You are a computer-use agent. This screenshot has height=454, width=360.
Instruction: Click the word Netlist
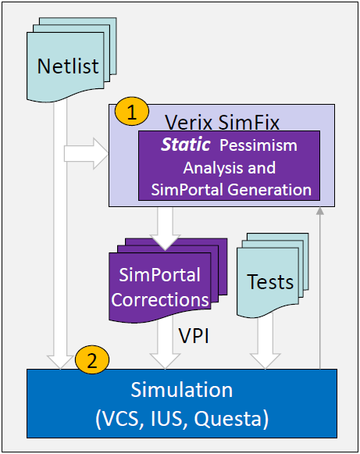68,66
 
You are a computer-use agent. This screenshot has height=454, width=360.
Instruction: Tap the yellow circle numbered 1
132,112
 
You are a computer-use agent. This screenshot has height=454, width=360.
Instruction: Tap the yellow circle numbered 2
92,360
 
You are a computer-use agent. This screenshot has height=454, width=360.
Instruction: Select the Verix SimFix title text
223,123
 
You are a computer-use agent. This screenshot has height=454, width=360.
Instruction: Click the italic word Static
186,145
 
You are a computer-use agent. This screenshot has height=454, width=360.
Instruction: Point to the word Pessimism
258,145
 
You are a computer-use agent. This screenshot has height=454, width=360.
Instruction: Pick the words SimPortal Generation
231,190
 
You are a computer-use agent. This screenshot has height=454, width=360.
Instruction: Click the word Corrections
160,300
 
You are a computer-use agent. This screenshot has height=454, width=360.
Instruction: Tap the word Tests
270,282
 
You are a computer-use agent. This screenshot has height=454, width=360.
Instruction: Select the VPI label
194,336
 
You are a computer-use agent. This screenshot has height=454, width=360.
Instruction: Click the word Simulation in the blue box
182,390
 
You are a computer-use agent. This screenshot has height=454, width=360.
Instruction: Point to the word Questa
228,419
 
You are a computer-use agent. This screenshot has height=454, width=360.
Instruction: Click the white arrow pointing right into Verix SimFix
86,153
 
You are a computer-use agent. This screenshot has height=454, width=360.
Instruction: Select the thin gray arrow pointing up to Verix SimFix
319,288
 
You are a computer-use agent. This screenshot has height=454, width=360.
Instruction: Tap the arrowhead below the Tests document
265,361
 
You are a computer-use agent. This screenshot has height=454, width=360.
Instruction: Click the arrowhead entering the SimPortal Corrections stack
166,242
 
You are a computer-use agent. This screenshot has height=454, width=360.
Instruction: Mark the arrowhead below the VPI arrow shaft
166,361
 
